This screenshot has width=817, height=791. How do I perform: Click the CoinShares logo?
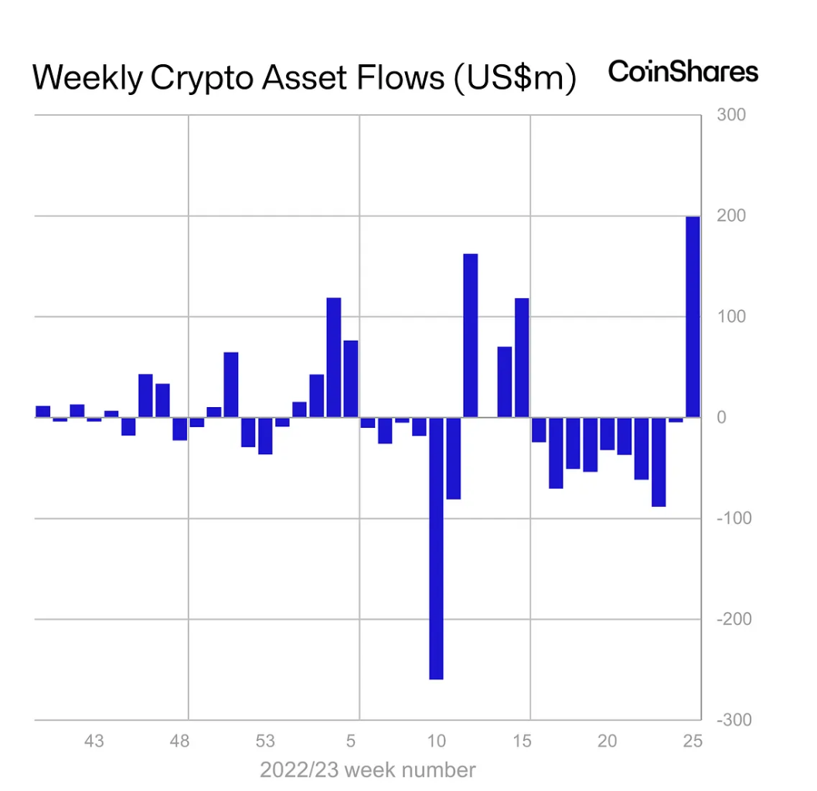tap(683, 72)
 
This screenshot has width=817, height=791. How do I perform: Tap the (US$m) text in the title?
tap(512, 79)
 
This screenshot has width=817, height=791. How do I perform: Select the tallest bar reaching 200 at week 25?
tap(693, 317)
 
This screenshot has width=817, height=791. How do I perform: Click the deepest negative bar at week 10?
tap(436, 548)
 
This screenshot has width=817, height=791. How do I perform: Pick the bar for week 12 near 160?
tap(470, 335)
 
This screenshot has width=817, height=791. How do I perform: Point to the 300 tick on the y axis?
tap(730, 115)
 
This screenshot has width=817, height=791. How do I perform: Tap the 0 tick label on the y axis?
tap(721, 418)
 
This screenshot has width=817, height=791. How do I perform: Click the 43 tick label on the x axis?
tap(94, 742)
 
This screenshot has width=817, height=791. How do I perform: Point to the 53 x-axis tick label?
tap(265, 742)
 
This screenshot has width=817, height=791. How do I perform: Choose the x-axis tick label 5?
tap(351, 742)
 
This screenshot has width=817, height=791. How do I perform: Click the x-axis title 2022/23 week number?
tap(367, 770)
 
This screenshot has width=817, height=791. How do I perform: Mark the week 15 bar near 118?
tap(522, 358)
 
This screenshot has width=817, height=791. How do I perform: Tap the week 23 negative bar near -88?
tap(659, 462)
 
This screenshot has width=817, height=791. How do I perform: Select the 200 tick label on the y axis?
tap(730, 216)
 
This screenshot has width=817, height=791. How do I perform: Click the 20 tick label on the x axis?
tap(608, 742)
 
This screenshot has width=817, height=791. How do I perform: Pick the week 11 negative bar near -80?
tap(453, 458)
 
